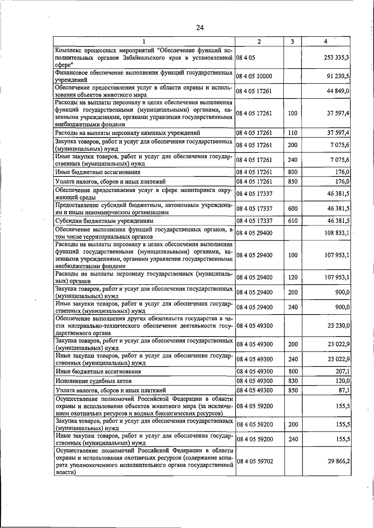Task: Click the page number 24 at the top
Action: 200,28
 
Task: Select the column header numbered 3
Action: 292,41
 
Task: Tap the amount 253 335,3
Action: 337,58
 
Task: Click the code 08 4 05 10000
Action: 254,76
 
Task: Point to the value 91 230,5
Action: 338,76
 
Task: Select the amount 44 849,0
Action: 338,91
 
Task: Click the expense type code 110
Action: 293,133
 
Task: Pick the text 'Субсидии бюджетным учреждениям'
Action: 104,221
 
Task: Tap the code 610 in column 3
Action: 293,221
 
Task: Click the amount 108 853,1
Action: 337,233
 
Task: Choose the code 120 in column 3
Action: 293,277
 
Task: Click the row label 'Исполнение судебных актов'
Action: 93,381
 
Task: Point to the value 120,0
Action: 342,381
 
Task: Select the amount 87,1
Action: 344,390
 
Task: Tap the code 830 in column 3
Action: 293,381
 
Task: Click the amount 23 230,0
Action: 338,326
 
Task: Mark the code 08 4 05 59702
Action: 255,461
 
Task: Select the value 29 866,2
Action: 338,461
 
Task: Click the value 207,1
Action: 342,372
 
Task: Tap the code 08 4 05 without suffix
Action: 246,58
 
